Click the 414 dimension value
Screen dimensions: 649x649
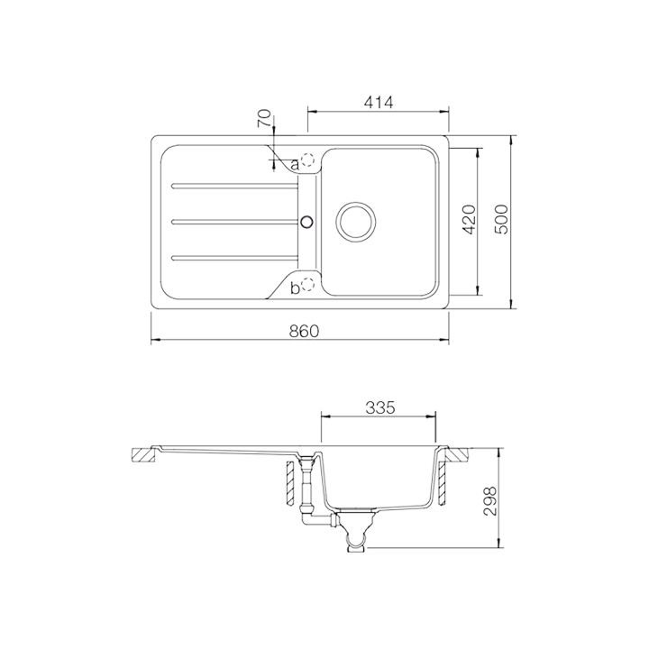[379, 103]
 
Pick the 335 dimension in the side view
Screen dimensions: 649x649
[379, 407]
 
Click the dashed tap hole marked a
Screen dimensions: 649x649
[309, 160]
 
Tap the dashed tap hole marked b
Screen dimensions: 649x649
[308, 285]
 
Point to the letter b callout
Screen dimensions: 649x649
[295, 288]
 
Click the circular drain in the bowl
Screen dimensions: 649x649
[355, 220]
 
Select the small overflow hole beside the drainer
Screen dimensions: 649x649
[306, 220]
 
